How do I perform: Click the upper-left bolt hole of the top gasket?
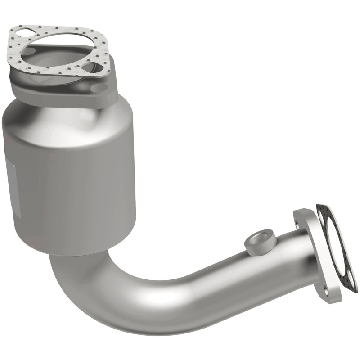point(22,34)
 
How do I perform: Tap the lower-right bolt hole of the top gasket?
point(88,67)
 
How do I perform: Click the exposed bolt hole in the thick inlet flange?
point(104,87)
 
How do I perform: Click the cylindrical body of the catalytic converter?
point(72,180)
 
